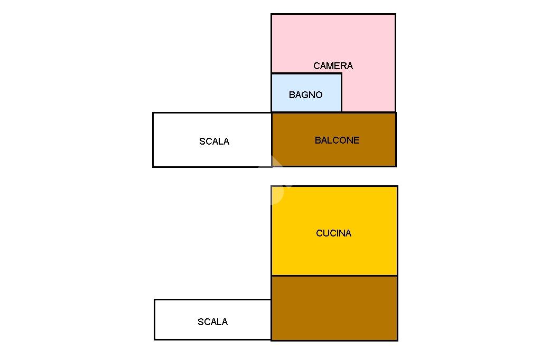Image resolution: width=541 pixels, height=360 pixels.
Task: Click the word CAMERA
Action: click(333, 66)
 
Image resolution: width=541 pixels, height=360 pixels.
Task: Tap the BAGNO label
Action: click(306, 95)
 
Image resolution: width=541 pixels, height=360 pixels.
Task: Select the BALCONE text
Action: click(337, 140)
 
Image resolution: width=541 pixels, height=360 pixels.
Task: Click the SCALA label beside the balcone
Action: click(214, 141)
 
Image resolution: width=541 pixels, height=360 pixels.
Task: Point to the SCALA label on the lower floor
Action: click(212, 322)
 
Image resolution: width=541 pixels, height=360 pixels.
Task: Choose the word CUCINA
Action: click(334, 233)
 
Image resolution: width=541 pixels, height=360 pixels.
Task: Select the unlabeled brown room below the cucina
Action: click(334, 308)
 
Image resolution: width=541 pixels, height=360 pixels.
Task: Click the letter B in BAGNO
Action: click(292, 95)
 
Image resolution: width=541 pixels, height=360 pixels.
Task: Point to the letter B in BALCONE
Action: click(318, 140)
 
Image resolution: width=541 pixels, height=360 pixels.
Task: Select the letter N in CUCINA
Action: click(342, 233)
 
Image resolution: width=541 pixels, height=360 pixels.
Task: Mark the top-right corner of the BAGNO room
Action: click(342, 73)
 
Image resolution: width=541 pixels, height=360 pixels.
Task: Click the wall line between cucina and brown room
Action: click(334, 276)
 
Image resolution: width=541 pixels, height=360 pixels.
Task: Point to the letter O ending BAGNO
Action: click(319, 95)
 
